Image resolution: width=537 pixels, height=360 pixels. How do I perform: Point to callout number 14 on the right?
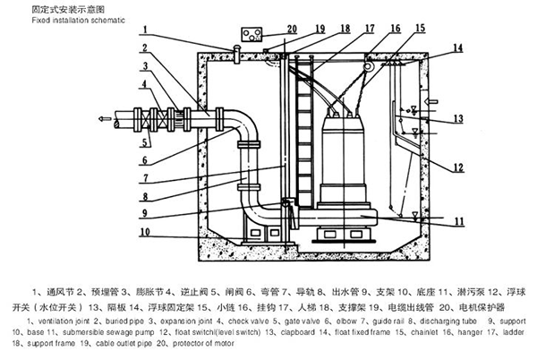click(457, 47)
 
